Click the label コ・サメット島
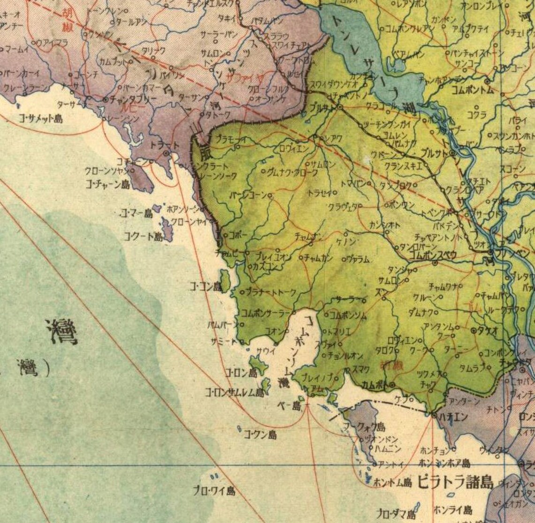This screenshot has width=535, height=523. pyautogui.click(x=41, y=119)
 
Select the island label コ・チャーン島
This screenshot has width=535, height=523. pyautogui.click(x=108, y=184)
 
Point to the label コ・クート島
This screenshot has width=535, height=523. pyautogui.click(x=143, y=236)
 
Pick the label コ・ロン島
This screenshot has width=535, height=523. pyautogui.click(x=241, y=373)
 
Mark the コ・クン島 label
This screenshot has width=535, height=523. pyautogui.click(x=260, y=434)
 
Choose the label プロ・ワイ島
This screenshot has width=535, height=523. pyautogui.click(x=214, y=491)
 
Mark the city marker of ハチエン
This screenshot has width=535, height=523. pyautogui.click(x=433, y=414)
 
